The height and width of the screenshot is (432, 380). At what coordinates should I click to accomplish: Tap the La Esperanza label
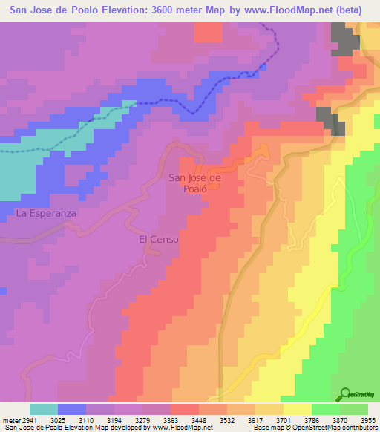[46, 213]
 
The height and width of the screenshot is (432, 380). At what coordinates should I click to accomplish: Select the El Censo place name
[159, 240]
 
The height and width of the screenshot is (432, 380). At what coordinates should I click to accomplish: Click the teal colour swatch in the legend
[43, 409]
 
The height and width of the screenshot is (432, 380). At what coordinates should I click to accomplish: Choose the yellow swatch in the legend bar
[297, 409]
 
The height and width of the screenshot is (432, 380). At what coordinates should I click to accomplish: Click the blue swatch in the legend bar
[71, 409]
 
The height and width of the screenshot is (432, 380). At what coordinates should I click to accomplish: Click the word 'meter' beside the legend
[10, 419]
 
